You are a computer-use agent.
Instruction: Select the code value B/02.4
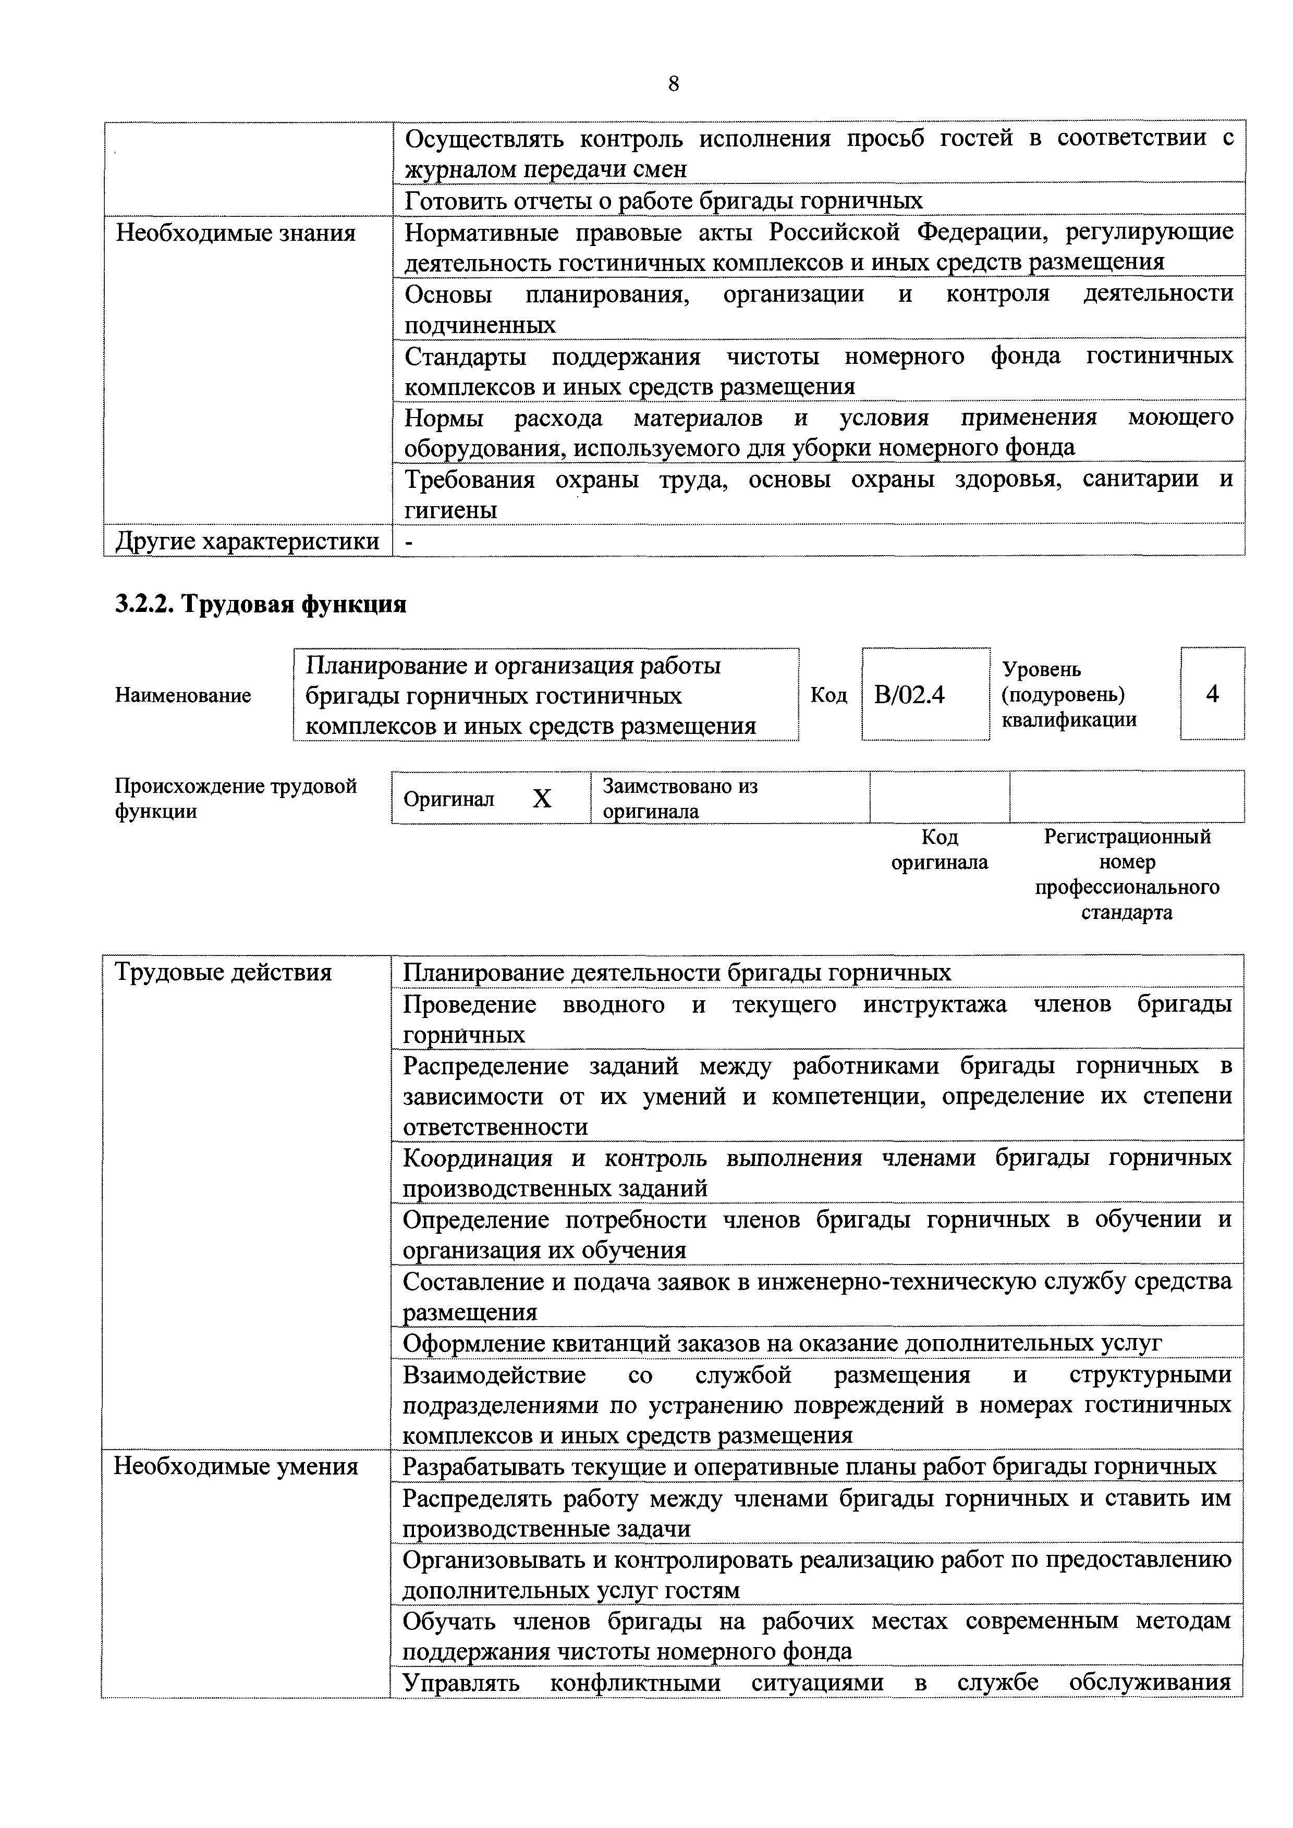(x=909, y=695)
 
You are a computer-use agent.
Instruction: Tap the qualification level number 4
(x=1212, y=694)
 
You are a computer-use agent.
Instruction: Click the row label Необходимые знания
(x=236, y=234)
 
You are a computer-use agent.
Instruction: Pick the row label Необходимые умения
(x=236, y=1467)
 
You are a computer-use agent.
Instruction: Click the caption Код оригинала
(x=940, y=850)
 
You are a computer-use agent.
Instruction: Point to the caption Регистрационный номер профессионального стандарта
(x=1127, y=874)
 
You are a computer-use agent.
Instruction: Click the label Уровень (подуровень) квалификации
(x=1068, y=695)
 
